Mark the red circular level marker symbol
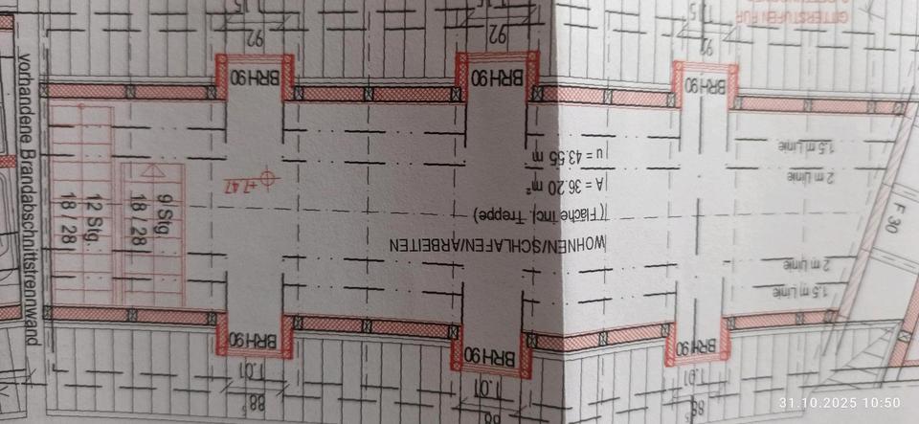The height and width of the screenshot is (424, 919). tap(270, 178)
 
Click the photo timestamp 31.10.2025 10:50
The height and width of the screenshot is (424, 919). tap(840, 402)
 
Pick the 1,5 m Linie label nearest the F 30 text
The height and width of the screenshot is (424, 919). tap(802, 288)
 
